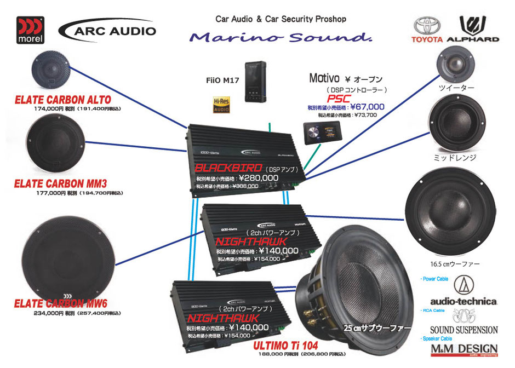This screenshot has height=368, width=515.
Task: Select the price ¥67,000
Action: pos(367,107)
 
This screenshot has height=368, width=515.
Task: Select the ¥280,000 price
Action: pos(254,178)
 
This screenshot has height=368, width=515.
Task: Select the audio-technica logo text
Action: pos(463,301)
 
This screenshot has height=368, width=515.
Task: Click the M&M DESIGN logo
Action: pos(463,349)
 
